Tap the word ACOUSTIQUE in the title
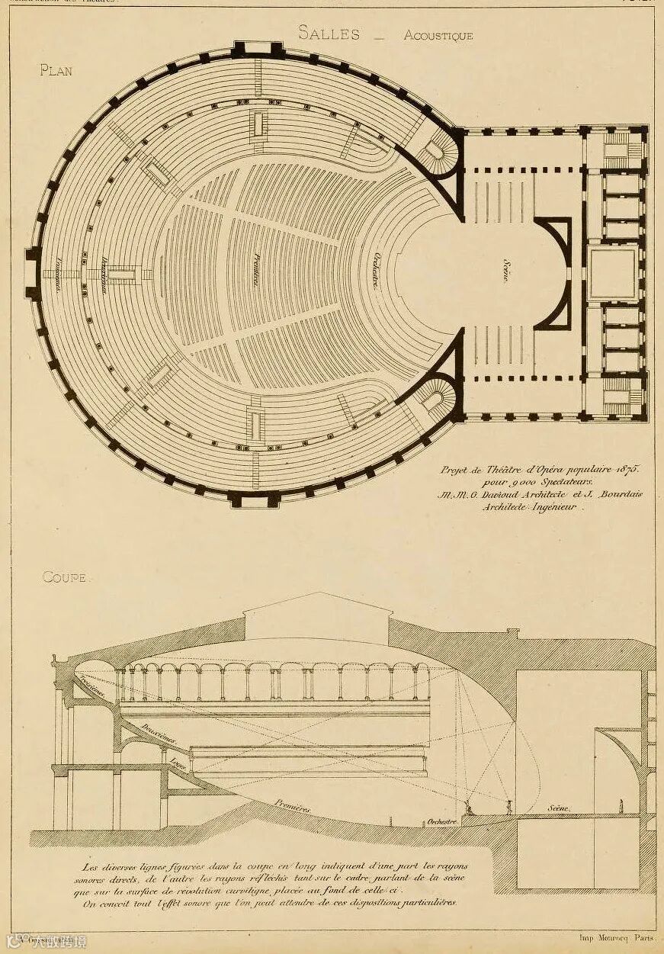point(438,35)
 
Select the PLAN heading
point(55,70)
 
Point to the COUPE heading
point(64,577)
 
